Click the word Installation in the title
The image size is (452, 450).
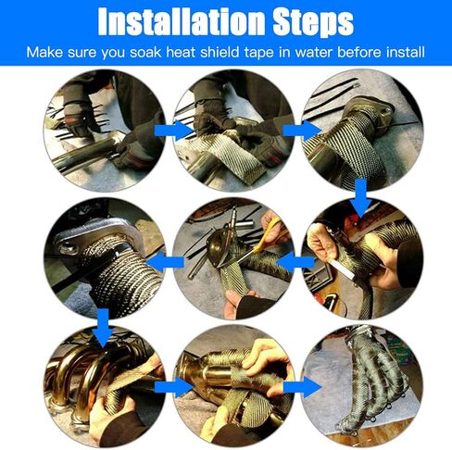tap(182, 21)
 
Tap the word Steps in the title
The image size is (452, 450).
tap(313, 23)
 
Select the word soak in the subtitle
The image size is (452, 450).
tap(145, 52)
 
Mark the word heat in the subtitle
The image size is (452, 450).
tap(181, 52)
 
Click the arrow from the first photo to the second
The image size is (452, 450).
tap(173, 131)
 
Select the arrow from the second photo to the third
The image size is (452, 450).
tap(302, 131)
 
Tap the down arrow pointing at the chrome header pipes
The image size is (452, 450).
tap(104, 328)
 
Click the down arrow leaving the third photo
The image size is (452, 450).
tap(360, 198)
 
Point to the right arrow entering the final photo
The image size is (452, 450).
tap(302, 387)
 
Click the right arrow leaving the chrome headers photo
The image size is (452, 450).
tap(173, 387)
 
